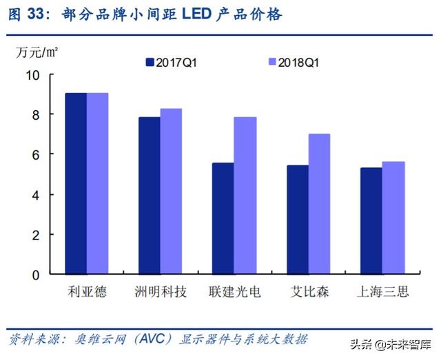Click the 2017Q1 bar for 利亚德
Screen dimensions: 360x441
(x=76, y=183)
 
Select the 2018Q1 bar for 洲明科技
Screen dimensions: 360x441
(x=171, y=191)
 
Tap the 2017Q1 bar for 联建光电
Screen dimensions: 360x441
(x=223, y=218)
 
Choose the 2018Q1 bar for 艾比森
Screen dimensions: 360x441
(x=319, y=204)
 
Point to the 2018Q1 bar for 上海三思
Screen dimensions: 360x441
(x=393, y=218)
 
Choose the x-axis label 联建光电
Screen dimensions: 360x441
(x=234, y=292)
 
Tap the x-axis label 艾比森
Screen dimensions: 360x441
(x=308, y=292)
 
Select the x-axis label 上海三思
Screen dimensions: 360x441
(x=382, y=292)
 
